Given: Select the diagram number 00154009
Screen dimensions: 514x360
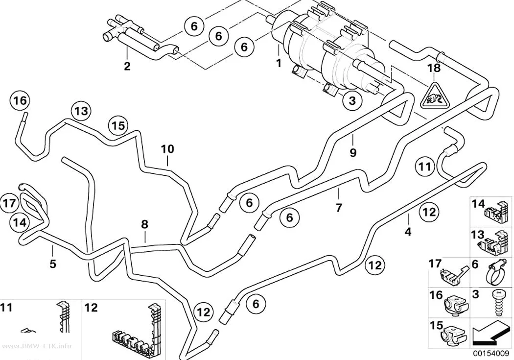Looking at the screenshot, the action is pos(491,354).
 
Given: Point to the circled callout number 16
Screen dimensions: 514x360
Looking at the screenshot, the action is pos(20,101).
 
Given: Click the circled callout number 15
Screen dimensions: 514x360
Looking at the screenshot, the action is pos(118,125).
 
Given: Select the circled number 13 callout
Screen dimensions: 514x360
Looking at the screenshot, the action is pos(81,111).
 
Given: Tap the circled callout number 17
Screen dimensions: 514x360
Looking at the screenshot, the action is pos(9,203).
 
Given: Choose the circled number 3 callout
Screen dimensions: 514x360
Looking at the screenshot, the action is pos(352,100).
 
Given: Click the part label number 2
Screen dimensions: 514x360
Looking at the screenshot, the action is pos(127,66).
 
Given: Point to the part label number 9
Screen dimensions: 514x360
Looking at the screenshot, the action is pos(353,152).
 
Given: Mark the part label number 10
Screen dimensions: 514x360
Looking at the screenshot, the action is pos(167,149).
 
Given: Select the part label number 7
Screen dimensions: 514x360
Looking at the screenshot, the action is pos(339,207).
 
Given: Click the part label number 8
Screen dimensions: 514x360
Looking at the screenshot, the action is pos(144,225).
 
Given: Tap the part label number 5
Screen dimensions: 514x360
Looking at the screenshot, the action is pos(53,264).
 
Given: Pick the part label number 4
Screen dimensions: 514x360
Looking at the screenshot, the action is pos(408,232).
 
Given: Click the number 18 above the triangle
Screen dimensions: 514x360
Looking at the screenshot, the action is pos(434,68).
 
